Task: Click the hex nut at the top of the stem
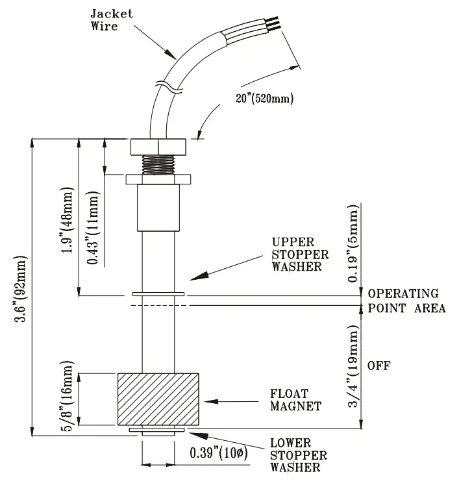click(x=158, y=146)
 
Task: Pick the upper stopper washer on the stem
click(x=158, y=293)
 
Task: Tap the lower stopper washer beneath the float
click(x=158, y=430)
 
